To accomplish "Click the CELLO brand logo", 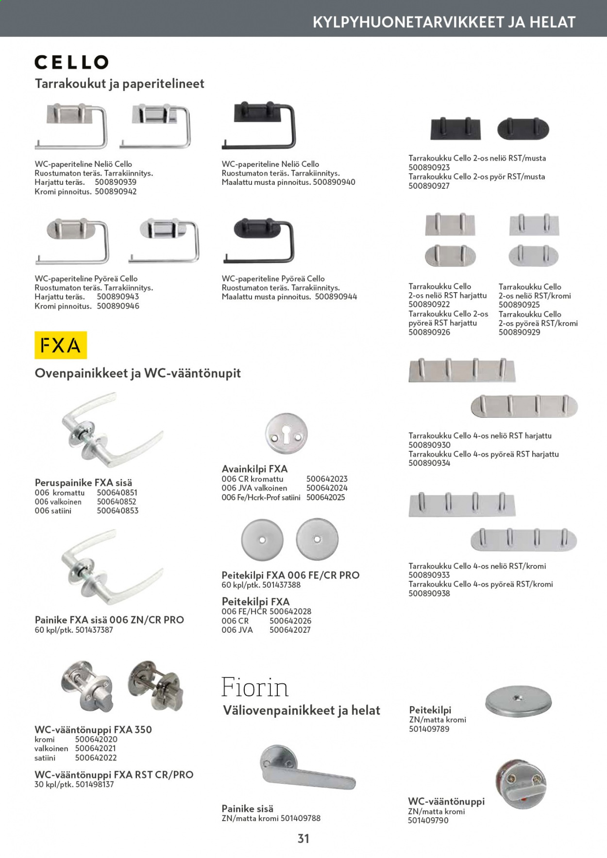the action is point(71,62).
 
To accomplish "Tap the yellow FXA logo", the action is point(61,345).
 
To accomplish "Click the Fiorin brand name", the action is point(255,687).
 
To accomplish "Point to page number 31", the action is point(303,839).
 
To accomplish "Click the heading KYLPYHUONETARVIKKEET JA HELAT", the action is point(444,22).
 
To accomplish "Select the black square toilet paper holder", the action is point(259,125).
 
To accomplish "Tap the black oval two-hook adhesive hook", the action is point(523,129).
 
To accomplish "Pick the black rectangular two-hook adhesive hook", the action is point(455,129).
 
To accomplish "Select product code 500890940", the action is point(334,182).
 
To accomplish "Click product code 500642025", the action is point(326,497).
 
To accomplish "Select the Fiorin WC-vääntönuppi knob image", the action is point(521,784).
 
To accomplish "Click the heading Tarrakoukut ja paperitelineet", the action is point(119,84).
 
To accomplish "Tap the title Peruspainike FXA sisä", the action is point(84,483).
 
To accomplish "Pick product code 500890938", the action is point(429,594).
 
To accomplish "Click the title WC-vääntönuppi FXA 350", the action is point(93,730).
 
